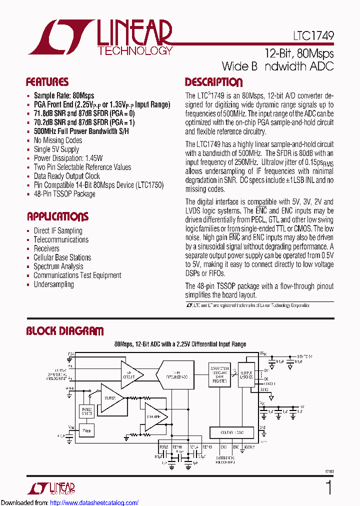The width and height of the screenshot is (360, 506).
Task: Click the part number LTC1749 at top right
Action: tap(313, 36)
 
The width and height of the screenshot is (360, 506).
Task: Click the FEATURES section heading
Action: tap(47, 82)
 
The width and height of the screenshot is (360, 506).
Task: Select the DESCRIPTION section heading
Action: tap(213, 82)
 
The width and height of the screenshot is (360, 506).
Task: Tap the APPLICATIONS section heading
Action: tap(57, 216)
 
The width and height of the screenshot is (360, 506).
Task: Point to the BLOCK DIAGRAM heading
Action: tap(65, 331)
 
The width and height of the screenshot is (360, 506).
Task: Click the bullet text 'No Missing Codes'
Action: tap(57, 140)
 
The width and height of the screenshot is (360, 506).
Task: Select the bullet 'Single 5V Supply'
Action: tap(56, 149)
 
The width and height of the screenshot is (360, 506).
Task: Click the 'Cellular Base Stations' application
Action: tap(62, 257)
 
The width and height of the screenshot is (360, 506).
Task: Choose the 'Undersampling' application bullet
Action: tap(53, 284)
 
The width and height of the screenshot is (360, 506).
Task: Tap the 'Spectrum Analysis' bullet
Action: tap(58, 266)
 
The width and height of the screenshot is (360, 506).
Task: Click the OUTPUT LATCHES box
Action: tap(246, 375)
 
